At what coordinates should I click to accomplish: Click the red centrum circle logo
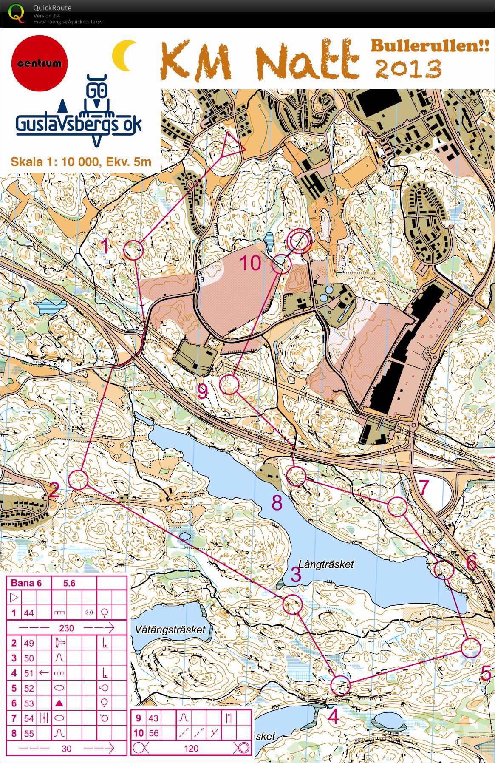coord(40,63)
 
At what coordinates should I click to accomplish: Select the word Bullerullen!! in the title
coord(430,45)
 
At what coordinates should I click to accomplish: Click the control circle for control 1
coord(133,250)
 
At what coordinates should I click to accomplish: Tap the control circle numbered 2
coord(79,479)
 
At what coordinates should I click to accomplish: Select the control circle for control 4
coord(340,685)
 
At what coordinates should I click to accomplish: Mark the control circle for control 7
coord(397,507)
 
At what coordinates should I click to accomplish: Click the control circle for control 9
coord(229,385)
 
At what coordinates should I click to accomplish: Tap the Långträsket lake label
coord(326,564)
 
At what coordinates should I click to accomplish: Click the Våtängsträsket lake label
coord(170,630)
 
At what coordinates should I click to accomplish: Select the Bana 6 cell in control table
coord(26,583)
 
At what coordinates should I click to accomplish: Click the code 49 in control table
coord(29,643)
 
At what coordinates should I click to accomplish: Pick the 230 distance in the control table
coord(66,628)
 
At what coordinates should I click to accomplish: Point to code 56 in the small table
coord(153,733)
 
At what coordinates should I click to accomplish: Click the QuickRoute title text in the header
coord(52,8)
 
